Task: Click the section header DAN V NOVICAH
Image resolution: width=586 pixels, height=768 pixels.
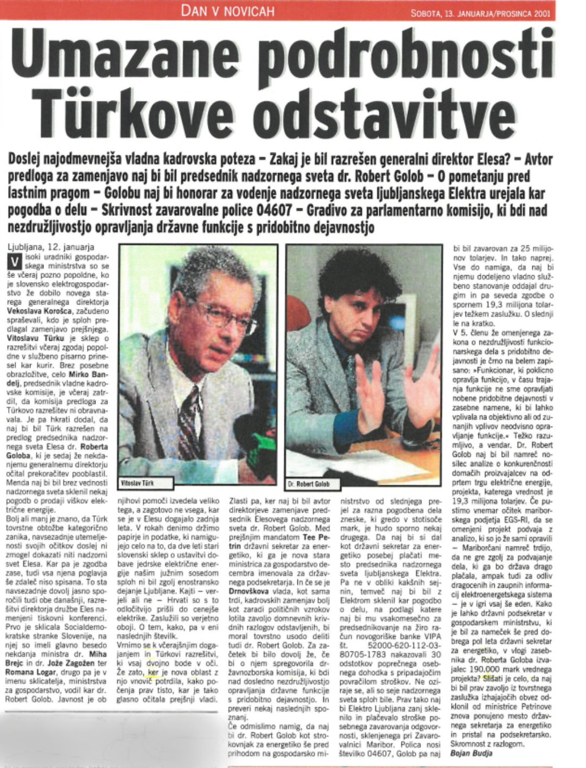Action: click(x=228, y=11)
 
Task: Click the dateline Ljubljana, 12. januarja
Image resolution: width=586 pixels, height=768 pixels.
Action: click(x=51, y=247)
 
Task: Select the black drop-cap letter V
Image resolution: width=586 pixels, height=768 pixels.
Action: click(x=16, y=262)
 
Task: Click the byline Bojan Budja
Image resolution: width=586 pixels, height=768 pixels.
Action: click(x=471, y=753)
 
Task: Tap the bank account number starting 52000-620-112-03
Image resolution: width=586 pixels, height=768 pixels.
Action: click(x=404, y=646)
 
